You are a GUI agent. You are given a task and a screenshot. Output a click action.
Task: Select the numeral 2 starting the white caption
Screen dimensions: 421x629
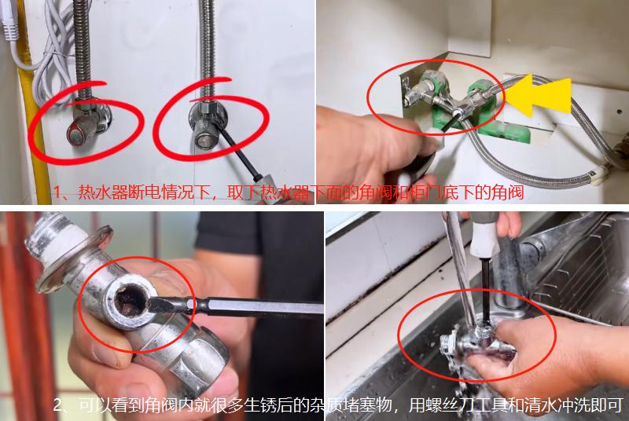point(59,406)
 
